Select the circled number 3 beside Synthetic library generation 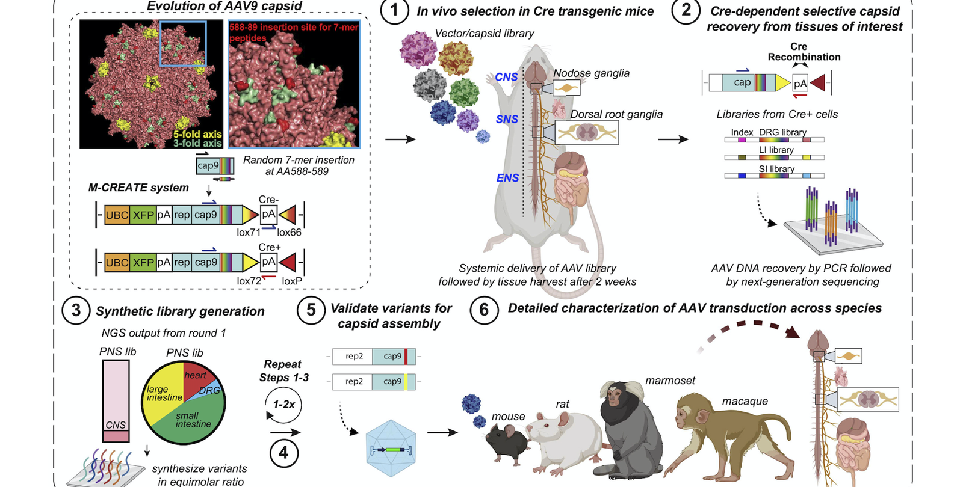tap(76, 311)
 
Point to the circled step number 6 tap(483, 311)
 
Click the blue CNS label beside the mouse tap(506, 77)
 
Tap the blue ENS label tap(507, 178)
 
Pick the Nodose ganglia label tap(591, 73)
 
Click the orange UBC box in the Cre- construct tap(117, 215)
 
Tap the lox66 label tap(289, 233)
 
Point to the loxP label tap(292, 281)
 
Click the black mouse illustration tap(507, 444)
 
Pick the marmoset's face tap(615, 396)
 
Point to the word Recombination tap(804, 57)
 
